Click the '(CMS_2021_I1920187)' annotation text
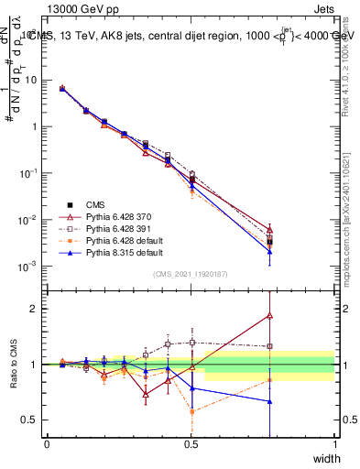[x=190, y=274]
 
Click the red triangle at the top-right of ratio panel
[x=269, y=315]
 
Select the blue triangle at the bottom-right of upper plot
[x=269, y=252]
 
